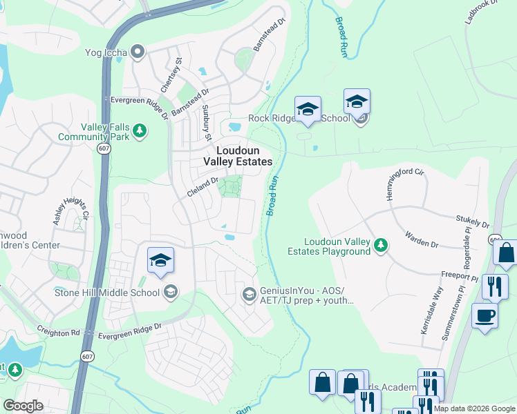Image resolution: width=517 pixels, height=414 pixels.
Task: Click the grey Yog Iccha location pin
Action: click(138, 51)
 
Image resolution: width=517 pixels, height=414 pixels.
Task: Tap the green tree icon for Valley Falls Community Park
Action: click(140, 130)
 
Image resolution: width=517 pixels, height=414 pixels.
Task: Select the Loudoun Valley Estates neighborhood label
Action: click(237, 155)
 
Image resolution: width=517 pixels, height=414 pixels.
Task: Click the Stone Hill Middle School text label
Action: click(107, 292)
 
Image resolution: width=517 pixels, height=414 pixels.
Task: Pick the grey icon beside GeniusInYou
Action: click(249, 295)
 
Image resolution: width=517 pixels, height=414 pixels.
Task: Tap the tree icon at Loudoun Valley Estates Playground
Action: click(380, 245)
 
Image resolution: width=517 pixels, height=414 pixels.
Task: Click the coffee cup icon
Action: click(485, 317)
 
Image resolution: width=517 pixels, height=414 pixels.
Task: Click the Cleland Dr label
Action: click(203, 187)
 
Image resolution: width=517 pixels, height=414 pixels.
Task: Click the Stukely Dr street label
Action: click(473, 221)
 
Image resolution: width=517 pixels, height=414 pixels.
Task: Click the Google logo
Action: click(23, 406)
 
